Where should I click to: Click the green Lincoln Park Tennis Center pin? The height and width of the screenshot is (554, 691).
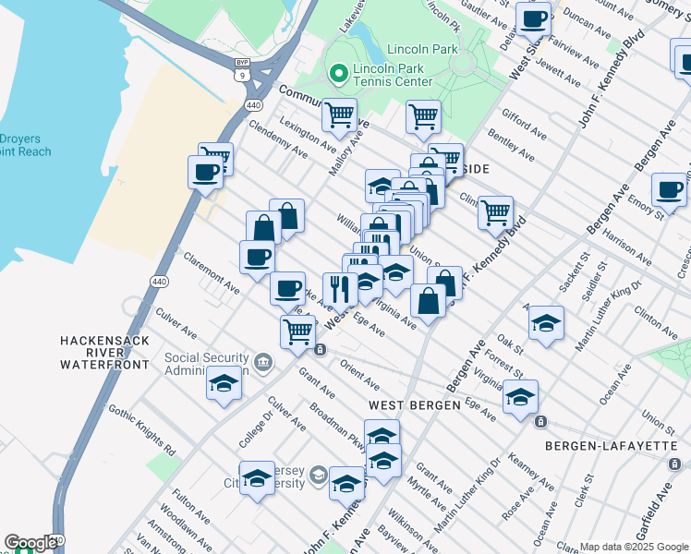point(337,72)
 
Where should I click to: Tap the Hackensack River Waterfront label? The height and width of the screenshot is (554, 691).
point(104,353)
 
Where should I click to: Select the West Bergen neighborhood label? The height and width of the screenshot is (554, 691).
point(413,405)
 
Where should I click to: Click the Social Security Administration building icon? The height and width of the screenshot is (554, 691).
point(264,360)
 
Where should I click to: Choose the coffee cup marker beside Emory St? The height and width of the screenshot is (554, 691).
point(669,189)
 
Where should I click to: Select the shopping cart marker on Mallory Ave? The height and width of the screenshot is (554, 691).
point(339,114)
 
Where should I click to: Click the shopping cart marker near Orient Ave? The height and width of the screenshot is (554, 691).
point(297,331)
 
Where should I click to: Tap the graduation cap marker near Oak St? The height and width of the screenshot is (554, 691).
point(546,323)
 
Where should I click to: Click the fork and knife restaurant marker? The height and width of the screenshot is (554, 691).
point(340,289)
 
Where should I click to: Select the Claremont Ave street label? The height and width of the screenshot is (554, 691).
point(212,273)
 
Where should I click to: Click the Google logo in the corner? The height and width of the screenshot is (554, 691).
point(30,543)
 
